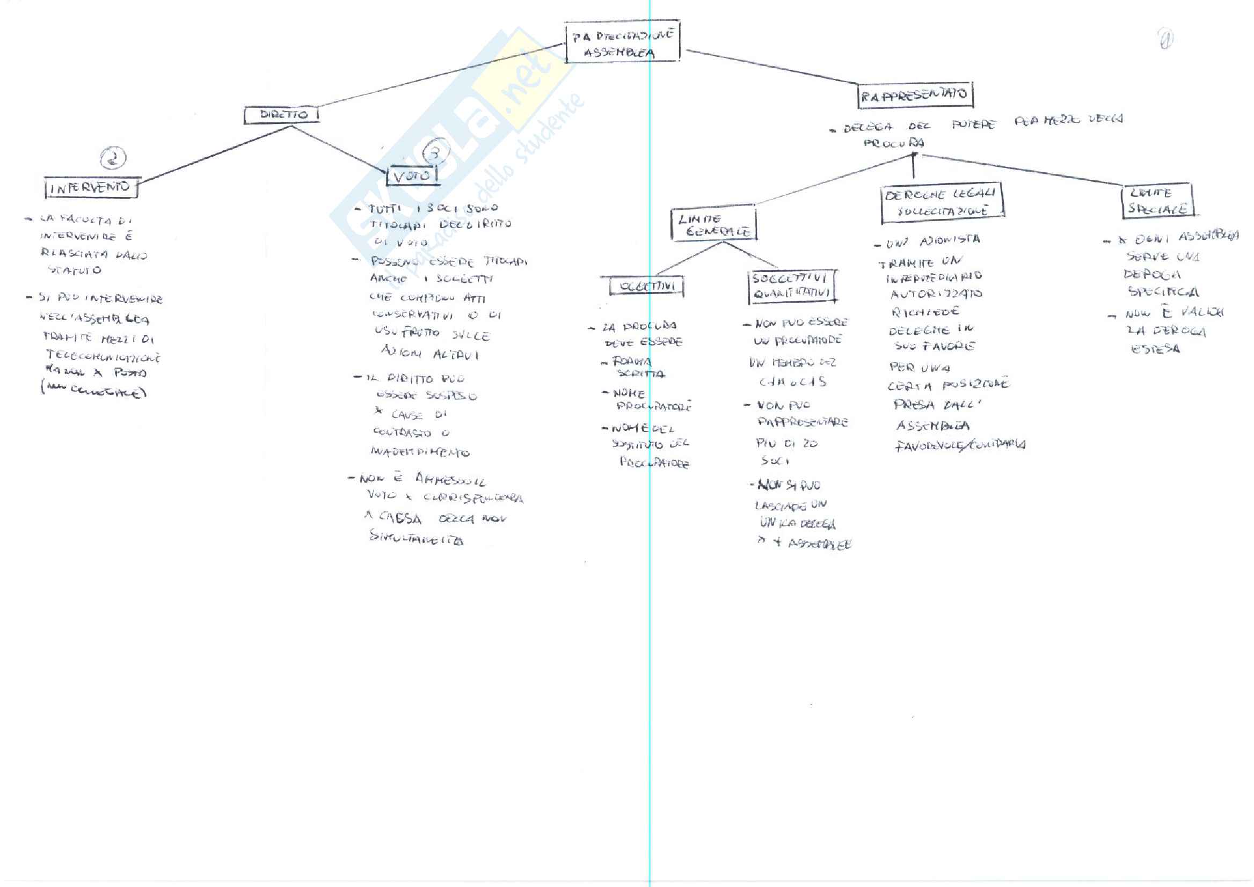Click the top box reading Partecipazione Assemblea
coord(622,42)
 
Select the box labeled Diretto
coord(282,115)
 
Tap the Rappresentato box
coord(915,96)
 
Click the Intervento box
coord(91,188)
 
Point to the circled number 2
coord(113,158)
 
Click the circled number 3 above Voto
coord(436,153)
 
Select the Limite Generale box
coord(713,224)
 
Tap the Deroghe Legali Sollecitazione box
coord(942,203)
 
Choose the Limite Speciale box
coord(1157,201)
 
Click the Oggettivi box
coord(646,286)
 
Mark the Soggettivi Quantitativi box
coord(792,285)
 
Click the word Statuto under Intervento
coord(74,270)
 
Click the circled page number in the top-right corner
coord(1165,39)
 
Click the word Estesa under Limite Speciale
coord(1155,348)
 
